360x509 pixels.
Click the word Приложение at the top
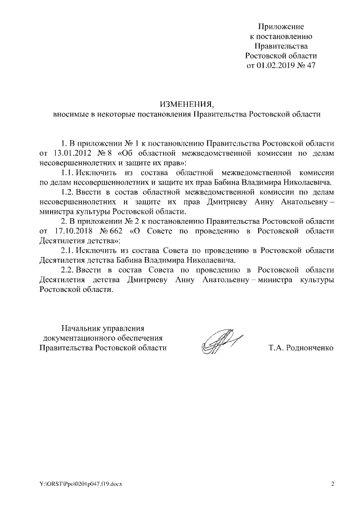[281, 26]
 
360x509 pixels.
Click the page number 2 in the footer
[332, 484]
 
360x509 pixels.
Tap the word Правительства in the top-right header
[282, 46]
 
